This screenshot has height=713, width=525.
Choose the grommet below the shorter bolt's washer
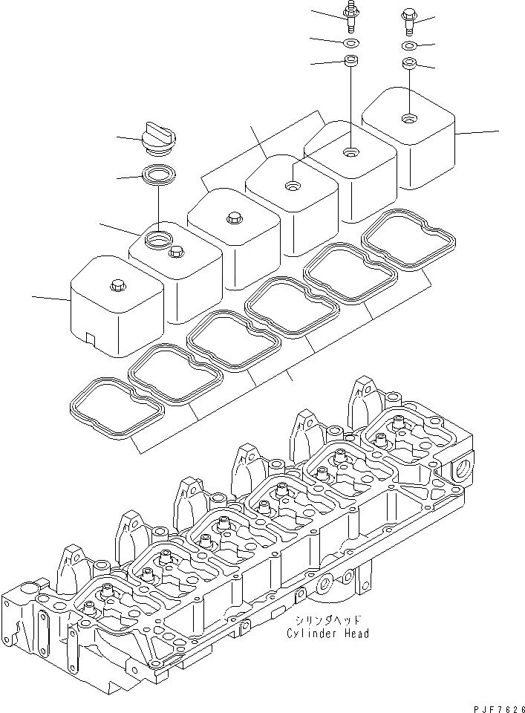[408, 64]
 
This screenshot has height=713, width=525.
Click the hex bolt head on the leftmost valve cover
[117, 284]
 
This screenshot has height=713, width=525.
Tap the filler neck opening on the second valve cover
[160, 238]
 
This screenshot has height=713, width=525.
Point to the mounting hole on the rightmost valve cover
[408, 118]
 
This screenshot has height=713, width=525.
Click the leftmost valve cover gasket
[115, 406]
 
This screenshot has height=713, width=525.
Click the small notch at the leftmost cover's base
[91, 338]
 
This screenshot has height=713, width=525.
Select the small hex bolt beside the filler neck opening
[177, 253]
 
